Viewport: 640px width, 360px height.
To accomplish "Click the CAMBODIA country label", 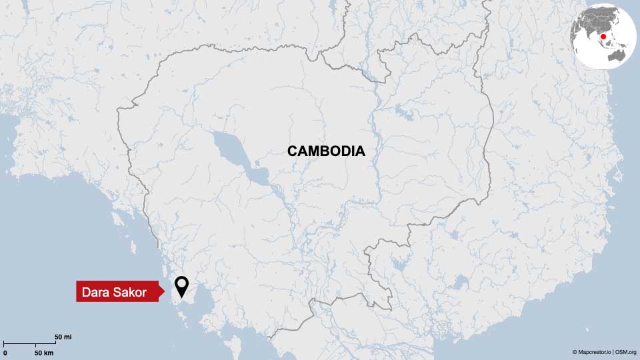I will pos(326,151).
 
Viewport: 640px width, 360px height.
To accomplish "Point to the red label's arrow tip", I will pos(163,291).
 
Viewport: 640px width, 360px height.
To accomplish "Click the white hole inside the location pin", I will pos(181,284).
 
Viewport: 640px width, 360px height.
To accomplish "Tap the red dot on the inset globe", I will pos(603,37).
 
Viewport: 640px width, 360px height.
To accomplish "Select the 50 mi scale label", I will pos(63,337).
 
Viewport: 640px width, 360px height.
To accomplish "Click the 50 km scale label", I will pos(44,351).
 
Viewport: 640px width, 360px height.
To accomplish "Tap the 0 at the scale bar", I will pos(5,351).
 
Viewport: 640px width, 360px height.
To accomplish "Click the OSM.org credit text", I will pos(626,351).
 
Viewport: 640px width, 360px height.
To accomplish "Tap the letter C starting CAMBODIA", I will pos(292,151).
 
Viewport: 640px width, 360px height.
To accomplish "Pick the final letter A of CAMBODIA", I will pos(360,151).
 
